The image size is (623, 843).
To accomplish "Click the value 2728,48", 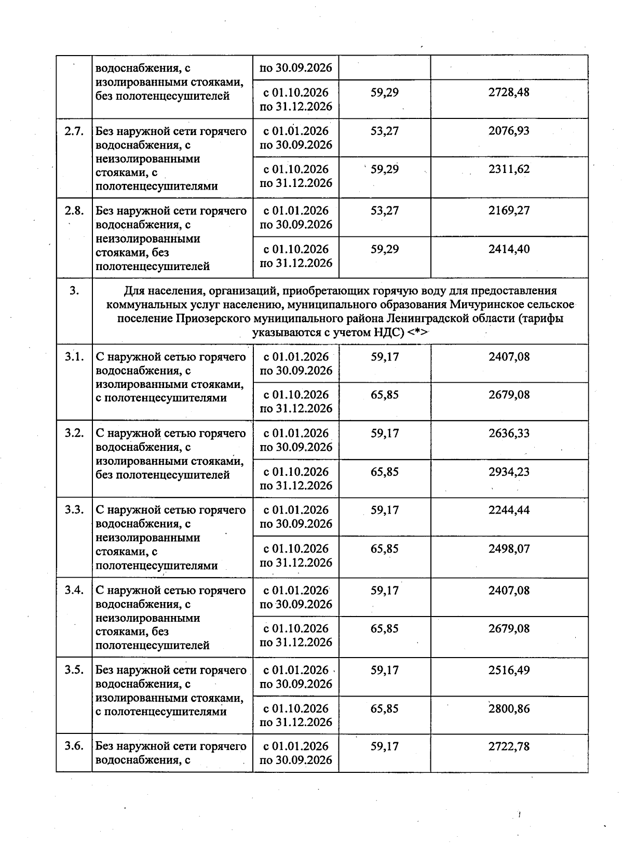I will tap(509, 92).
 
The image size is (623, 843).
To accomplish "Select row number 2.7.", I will tap(74, 131).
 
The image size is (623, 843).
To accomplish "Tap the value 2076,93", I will tap(509, 131).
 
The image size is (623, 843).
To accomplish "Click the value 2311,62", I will tap(509, 169).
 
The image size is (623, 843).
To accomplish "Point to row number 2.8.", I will tap(74, 211).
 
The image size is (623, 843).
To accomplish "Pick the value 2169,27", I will tap(509, 211).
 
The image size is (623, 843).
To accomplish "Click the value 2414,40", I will tap(509, 249).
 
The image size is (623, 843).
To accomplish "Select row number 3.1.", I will tap(74, 357).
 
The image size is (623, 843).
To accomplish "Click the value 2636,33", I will tap(509, 433).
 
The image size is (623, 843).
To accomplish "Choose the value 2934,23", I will tap(509, 472).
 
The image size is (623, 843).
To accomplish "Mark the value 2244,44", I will tap(509, 510).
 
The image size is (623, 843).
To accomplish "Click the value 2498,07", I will tap(509, 548).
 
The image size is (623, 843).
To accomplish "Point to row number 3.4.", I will tap(74, 591).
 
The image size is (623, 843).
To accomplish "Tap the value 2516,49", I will tap(509, 670).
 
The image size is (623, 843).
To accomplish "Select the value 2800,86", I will tap(509, 708).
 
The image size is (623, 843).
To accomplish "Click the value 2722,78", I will tap(509, 746).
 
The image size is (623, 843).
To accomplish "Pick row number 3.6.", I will tap(74, 746).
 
